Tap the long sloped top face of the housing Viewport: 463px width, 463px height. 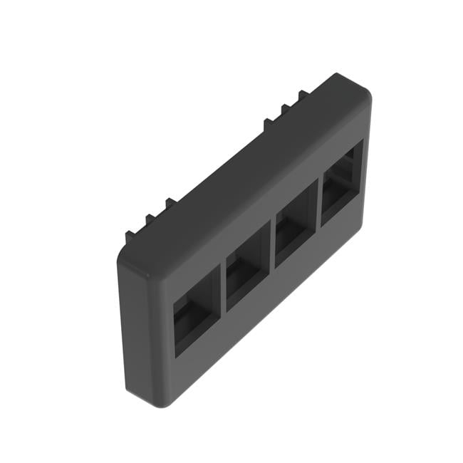(x=242, y=171)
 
